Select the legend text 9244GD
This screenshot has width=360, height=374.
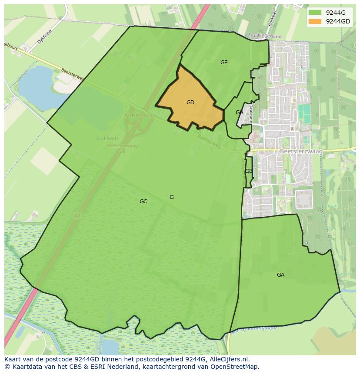click(x=338, y=21)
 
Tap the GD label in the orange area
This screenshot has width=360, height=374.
click(x=190, y=103)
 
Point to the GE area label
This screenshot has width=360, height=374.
click(x=224, y=63)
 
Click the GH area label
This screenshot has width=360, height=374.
click(x=239, y=113)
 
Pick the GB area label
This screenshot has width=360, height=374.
click(x=248, y=171)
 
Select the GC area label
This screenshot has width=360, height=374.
click(x=143, y=202)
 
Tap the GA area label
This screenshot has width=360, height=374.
click(x=280, y=275)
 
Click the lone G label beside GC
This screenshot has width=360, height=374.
click(x=171, y=197)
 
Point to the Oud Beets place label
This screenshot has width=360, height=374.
click(x=107, y=139)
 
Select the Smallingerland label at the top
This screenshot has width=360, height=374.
click(x=264, y=36)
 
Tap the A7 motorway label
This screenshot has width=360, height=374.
click(x=77, y=215)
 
